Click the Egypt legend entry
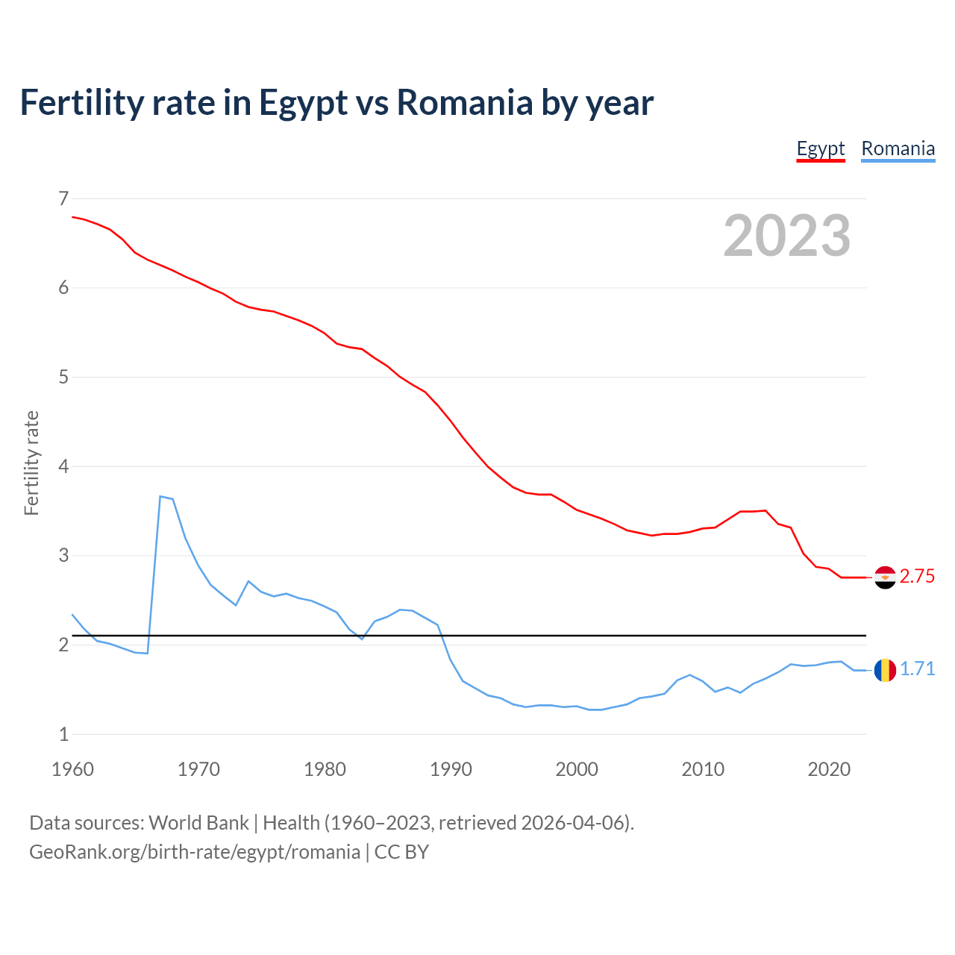820,148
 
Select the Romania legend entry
898,148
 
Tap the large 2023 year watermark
786,236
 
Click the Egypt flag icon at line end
885,577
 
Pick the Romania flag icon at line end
885,670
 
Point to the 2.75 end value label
917,577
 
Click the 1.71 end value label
917,669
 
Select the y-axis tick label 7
63,198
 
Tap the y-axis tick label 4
63,467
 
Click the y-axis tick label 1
63,734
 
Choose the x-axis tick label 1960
72,769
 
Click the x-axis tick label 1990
451,769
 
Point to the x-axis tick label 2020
829,769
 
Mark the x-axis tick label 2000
577,769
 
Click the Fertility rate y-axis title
31,463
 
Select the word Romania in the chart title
464,102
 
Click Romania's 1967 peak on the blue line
160,496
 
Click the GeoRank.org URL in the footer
194,852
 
